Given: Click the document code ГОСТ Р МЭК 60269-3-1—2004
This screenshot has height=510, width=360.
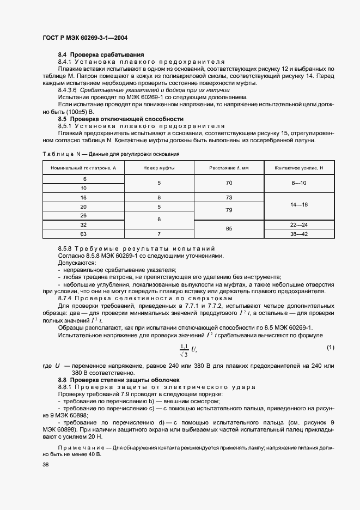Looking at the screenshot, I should [x=84, y=38].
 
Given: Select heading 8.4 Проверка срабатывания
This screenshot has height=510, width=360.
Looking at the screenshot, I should [x=101, y=54].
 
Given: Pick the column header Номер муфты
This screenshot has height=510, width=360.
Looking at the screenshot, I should [x=160, y=168].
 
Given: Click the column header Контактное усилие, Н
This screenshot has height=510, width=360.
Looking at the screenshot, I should [x=299, y=168].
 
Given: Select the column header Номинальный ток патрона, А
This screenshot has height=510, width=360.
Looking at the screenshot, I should [x=84, y=168].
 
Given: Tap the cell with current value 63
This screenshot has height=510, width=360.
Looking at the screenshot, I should [x=84, y=234].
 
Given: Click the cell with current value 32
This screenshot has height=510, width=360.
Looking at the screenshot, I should [x=84, y=224].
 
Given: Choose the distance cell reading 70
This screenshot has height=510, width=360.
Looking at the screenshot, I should [x=229, y=184].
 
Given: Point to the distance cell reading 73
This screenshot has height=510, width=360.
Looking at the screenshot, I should [x=229, y=197].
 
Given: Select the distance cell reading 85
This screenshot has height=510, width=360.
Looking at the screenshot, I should [x=229, y=229].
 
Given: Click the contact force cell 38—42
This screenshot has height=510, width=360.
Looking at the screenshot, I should [x=299, y=234].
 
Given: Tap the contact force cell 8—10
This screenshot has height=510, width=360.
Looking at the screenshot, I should [x=299, y=184].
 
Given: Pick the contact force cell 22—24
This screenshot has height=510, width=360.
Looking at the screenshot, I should [x=299, y=224].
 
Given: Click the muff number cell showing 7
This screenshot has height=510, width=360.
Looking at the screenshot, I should [x=160, y=234].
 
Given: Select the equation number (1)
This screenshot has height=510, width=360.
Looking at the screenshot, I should [x=330, y=347].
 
